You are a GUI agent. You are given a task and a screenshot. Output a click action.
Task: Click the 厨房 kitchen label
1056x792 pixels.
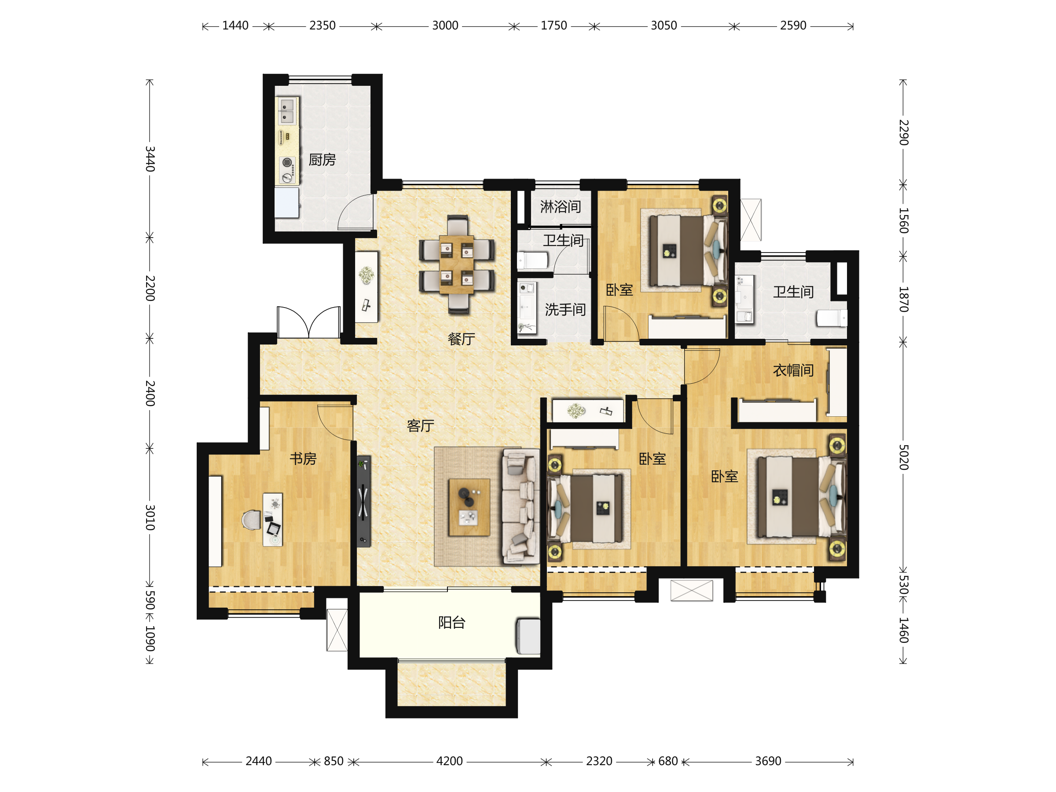pos(322,159)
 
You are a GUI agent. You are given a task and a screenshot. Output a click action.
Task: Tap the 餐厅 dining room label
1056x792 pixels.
pos(461,339)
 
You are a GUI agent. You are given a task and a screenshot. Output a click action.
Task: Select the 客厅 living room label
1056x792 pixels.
pos(420,425)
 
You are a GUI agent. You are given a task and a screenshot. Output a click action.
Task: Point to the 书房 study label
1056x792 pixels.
pos(303,459)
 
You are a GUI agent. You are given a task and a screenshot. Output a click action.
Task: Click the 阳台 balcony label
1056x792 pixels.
pos(451,623)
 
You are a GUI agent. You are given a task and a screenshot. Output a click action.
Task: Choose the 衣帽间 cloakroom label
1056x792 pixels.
pos(793,370)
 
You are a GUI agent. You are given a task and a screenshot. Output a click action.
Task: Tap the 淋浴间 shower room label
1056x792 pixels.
pos(561,207)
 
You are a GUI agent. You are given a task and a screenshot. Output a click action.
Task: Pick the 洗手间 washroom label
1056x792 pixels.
pos(565,309)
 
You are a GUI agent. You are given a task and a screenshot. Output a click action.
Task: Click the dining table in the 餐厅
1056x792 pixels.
pos(456,264)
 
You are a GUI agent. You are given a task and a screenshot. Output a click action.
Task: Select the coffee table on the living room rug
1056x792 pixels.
pos(469,507)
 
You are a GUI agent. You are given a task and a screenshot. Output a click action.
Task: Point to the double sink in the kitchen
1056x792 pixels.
pos(287,111)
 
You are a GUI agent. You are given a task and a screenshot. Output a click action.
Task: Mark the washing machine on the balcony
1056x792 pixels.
pos(528,636)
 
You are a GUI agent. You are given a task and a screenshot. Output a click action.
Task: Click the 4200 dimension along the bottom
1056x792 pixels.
pos(449,761)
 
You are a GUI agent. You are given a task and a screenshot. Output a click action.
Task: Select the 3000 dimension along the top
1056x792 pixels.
pos(445,26)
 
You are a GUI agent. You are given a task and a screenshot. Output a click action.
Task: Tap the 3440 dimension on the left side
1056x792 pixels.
pos(150,159)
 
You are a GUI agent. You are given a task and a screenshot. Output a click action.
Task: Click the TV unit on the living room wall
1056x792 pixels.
pos(363,501)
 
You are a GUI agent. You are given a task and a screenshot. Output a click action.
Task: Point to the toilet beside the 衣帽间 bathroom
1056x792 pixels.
pos(831,318)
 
